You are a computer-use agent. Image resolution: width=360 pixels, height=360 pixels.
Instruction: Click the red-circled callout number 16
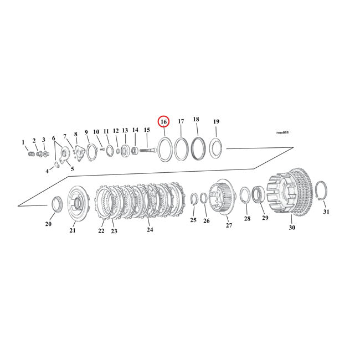point(163,121)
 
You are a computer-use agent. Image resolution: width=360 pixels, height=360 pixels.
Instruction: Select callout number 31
point(326,212)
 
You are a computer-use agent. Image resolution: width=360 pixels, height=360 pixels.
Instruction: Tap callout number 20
point(48,224)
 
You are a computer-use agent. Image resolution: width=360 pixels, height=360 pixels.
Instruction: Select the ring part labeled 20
point(56,204)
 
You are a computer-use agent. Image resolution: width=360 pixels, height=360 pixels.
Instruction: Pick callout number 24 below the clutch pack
point(149,229)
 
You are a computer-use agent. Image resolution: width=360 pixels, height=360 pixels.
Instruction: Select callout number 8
point(75,134)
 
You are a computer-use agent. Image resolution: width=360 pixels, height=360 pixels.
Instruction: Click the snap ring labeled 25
point(194,200)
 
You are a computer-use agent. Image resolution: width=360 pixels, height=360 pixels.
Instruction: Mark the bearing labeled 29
point(258,195)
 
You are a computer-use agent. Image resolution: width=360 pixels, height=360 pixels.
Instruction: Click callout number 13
point(125,131)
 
